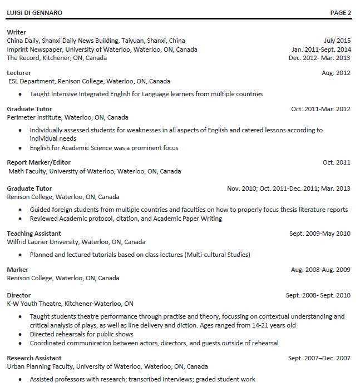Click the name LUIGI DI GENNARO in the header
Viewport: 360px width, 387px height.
click(x=34, y=12)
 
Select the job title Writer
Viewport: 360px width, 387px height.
click(x=16, y=32)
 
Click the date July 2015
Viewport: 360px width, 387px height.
click(x=337, y=41)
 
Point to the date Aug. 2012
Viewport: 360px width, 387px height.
click(x=336, y=73)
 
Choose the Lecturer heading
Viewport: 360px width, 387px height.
click(x=19, y=73)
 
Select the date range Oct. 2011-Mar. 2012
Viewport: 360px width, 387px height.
click(x=320, y=109)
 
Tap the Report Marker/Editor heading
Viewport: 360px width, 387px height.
click(x=38, y=162)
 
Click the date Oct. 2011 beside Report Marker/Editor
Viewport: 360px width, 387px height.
click(x=337, y=162)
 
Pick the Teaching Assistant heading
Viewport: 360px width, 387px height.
click(x=34, y=234)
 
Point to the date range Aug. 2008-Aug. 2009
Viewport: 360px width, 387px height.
click(x=320, y=270)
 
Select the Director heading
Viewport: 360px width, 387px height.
click(x=19, y=295)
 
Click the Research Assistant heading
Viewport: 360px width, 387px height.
click(x=34, y=358)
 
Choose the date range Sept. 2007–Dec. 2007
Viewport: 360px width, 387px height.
click(x=319, y=358)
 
